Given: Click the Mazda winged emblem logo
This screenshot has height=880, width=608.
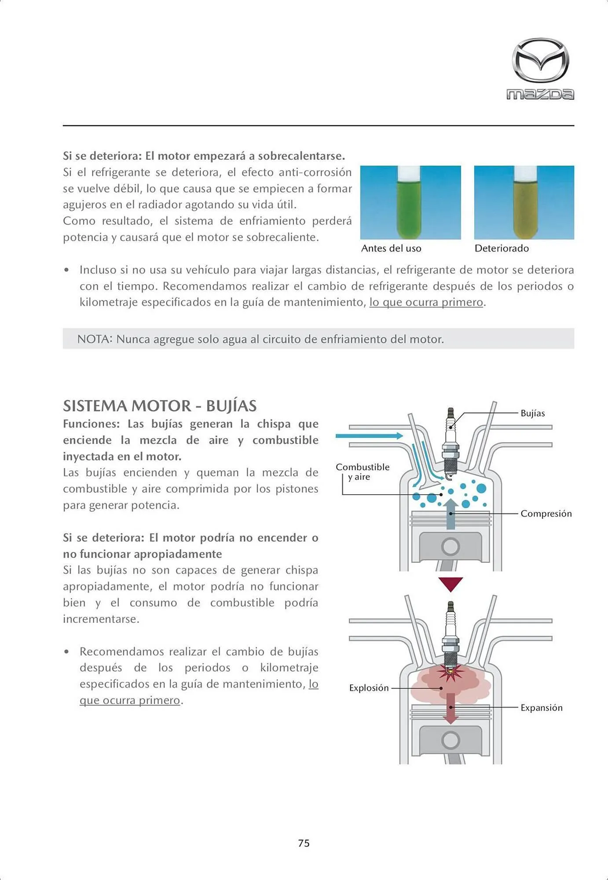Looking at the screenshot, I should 540,60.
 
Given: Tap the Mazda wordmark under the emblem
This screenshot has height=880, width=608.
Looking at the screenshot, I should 540,94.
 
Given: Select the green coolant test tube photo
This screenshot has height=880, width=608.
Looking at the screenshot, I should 410,202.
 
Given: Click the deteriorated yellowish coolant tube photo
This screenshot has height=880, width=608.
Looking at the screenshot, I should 524,202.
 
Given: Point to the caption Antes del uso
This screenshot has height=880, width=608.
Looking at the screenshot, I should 391,249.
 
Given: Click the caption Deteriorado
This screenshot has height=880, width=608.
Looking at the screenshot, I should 502,249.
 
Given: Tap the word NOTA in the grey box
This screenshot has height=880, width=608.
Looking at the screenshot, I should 93,339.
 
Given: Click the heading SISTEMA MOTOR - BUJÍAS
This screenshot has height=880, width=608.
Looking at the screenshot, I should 160,406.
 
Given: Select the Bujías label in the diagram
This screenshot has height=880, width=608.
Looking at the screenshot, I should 532,413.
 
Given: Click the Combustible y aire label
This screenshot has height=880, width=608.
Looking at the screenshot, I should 362,472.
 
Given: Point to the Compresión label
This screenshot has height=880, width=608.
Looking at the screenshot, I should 546,513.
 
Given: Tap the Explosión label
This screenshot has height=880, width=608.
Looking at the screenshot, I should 369,688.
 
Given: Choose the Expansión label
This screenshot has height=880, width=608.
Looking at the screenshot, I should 541,708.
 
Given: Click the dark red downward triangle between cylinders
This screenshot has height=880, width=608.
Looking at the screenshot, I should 451,583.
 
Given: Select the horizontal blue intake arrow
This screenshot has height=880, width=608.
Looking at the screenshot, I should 369,436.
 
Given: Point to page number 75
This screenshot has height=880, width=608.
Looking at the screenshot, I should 304,843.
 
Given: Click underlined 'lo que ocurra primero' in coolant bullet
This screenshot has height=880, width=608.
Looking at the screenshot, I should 426,303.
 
